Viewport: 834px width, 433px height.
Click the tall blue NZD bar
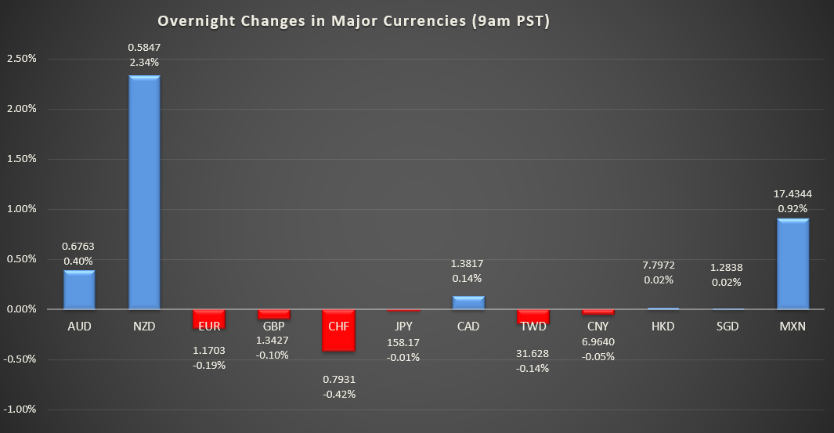(144, 192)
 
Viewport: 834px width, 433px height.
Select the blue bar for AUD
(79, 290)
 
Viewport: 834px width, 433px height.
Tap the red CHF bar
(338, 330)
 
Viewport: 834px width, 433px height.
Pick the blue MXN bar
(792, 264)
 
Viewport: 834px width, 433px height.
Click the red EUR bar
(209, 319)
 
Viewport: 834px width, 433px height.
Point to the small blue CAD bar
(468, 303)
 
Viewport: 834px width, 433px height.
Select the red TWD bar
(533, 316)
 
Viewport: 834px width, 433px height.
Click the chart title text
(353, 21)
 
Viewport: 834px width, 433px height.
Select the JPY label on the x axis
(403, 327)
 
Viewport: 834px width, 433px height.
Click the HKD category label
(663, 327)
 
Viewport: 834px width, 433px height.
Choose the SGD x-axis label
(727, 327)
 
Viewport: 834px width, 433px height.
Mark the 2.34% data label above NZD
(144, 62)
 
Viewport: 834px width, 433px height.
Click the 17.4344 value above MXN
(792, 194)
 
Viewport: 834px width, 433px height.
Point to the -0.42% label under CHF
(339, 394)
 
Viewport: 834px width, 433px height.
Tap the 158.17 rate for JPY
(403, 342)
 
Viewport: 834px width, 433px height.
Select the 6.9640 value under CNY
(598, 341)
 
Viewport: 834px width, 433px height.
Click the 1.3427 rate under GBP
(273, 340)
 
